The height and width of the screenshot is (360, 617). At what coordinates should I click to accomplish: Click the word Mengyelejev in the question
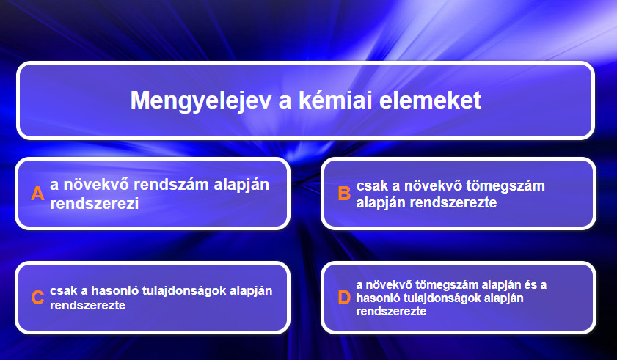click(201, 100)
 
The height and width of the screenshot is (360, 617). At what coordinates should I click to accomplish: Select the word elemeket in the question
click(431, 100)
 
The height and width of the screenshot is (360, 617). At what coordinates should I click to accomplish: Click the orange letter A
click(37, 194)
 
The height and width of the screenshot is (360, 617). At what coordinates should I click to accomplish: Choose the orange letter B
click(344, 194)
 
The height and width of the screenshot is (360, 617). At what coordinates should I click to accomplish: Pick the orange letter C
click(37, 298)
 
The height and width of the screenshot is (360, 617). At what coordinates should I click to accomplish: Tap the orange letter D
click(344, 298)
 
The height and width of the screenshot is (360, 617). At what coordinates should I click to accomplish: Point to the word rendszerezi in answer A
click(95, 204)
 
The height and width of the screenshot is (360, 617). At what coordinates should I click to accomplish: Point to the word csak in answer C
click(63, 291)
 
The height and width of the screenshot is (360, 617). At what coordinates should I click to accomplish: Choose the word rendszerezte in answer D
click(391, 311)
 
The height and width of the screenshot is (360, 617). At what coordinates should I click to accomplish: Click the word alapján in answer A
click(241, 185)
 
